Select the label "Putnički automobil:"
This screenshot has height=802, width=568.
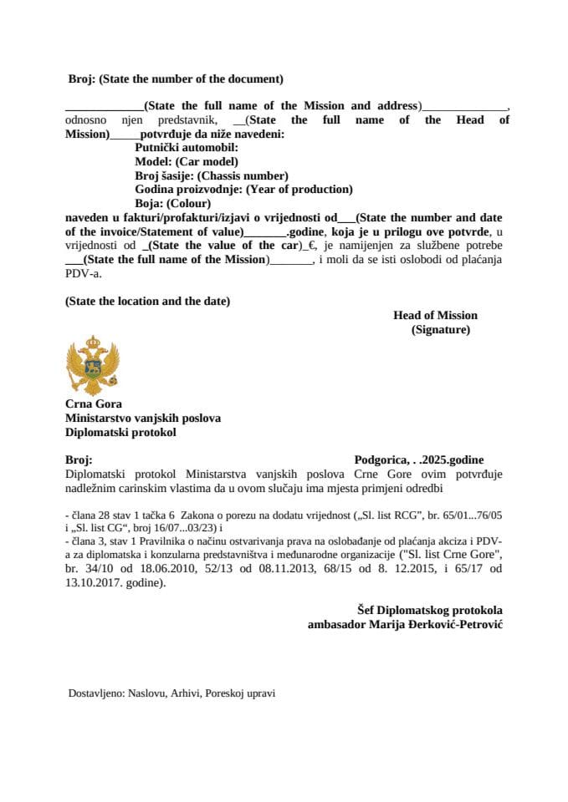tap(180, 147)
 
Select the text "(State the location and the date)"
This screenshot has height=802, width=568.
tap(147, 301)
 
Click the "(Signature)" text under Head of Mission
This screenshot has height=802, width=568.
tap(440, 330)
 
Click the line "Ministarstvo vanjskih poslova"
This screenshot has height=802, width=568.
tap(142, 419)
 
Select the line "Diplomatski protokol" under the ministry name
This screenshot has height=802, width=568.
tap(120, 433)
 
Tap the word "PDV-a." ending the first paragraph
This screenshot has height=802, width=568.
tap(82, 273)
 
